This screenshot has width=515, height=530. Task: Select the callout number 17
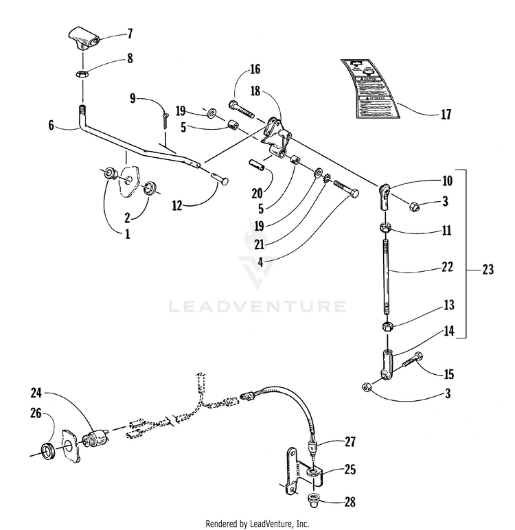click(446, 115)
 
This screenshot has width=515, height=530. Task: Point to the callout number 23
click(488, 270)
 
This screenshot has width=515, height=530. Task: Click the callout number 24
click(36, 393)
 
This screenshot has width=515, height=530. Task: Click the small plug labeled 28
click(314, 500)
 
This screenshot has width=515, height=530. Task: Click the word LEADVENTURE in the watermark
click(257, 305)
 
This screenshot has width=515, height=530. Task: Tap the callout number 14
click(448, 330)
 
